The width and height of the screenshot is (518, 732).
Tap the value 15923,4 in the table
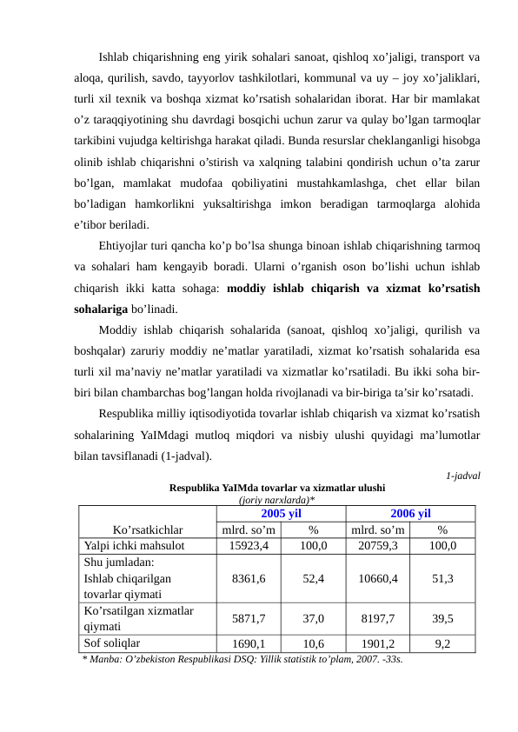(249, 546)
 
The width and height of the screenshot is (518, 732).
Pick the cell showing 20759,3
(378, 546)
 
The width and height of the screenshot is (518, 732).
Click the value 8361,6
(249, 577)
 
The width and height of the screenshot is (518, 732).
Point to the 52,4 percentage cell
(314, 577)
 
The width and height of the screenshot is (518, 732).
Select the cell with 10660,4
(378, 577)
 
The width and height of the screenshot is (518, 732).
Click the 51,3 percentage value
(443, 577)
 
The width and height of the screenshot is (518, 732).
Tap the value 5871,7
(249, 618)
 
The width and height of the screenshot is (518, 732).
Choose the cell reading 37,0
(314, 618)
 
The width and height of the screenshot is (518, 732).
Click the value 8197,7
(378, 618)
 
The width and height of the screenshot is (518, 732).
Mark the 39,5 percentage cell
(443, 618)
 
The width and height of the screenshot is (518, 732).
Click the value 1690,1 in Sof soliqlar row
(249, 644)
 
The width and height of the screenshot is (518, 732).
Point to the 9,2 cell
(443, 644)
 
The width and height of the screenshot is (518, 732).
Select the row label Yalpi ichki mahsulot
(134, 546)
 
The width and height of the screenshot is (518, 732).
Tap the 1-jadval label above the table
(463, 476)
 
